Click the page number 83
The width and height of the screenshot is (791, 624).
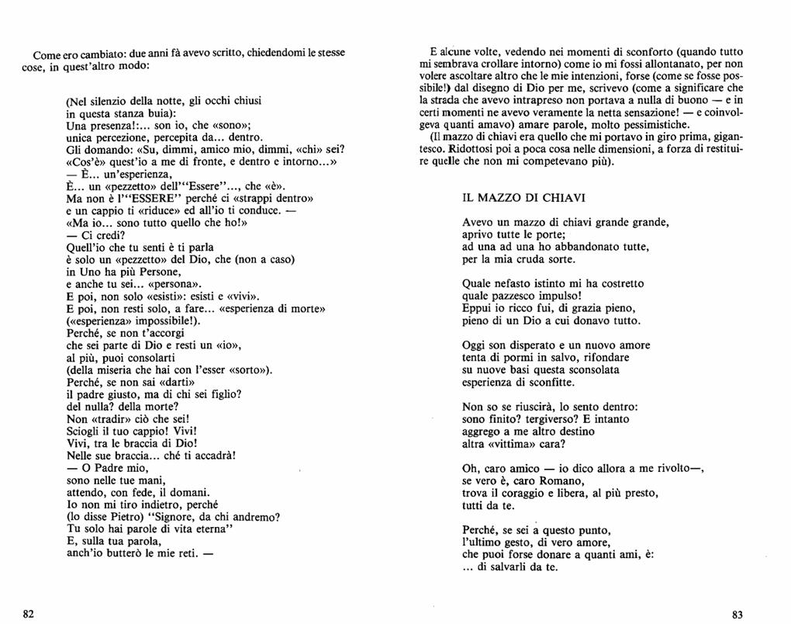pyautogui.click(x=737, y=614)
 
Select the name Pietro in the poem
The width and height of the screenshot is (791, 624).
pyautogui.click(x=129, y=516)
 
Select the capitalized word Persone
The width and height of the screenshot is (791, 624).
pyautogui.click(x=159, y=272)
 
